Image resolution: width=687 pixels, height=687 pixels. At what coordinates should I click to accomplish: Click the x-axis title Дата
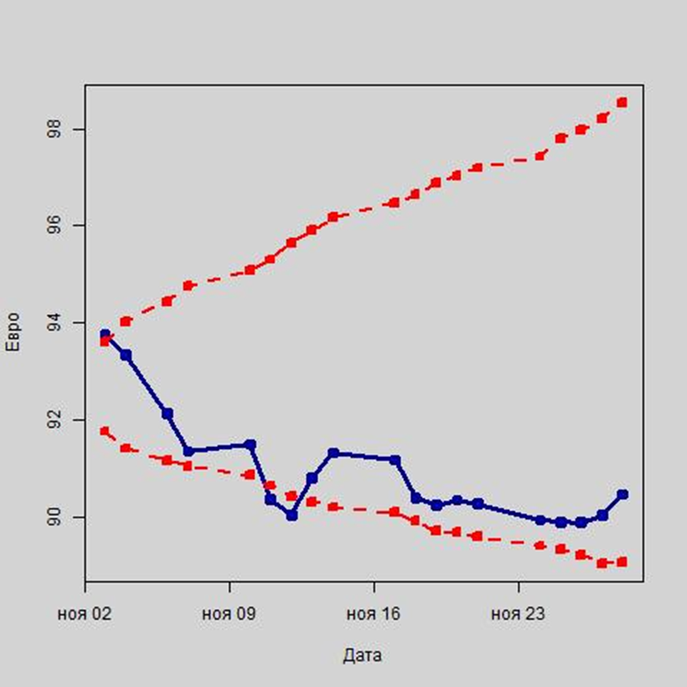pos(362,655)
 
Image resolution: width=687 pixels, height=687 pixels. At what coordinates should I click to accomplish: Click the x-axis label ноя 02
pos(84,614)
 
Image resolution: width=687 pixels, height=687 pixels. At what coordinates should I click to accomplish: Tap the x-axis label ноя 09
pos(229,614)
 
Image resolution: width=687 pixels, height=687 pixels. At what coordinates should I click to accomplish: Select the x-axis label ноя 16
pos(374,614)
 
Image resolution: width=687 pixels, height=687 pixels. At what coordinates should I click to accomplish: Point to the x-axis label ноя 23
pos(518,614)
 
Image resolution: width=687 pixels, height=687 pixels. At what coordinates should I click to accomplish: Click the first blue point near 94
pos(104,334)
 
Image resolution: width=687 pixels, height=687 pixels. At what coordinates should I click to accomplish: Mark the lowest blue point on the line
pos(291,515)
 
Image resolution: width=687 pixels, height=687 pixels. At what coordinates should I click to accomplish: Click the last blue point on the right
pos(623,494)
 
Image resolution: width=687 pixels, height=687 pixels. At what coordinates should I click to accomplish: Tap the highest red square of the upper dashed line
pos(622,102)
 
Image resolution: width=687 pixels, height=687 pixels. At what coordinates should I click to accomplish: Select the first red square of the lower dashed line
pos(104,431)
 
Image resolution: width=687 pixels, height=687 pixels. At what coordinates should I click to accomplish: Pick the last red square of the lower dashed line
pos(622,562)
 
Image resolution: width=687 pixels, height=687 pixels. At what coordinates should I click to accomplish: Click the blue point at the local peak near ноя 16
pos(333,453)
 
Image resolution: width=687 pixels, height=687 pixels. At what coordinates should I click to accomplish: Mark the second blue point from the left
pos(125,354)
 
